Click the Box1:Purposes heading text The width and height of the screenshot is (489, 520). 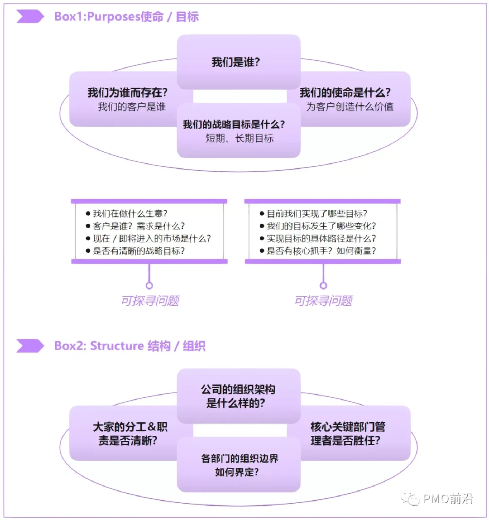pyautogui.click(x=126, y=17)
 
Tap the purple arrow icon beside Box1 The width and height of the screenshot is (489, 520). pyautogui.click(x=30, y=17)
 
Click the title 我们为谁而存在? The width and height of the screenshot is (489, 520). pyautogui.click(x=128, y=93)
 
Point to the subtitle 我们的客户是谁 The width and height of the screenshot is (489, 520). pyautogui.click(x=132, y=107)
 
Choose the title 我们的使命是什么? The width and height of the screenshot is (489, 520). pyautogui.click(x=345, y=93)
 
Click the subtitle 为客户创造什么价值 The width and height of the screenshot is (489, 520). pyautogui.click(x=350, y=107)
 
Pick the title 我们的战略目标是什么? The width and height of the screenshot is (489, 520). pyautogui.click(x=234, y=125)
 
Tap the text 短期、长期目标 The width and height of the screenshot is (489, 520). pyautogui.click(x=240, y=139)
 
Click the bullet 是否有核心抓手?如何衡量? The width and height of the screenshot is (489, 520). pyautogui.click(x=321, y=250)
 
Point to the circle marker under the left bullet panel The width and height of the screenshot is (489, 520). pyautogui.click(x=149, y=285)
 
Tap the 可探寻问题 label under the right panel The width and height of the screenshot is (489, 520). pyautogui.click(x=323, y=301)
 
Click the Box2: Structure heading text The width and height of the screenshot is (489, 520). pyautogui.click(x=129, y=346)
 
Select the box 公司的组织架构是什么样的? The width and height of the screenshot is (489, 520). pyautogui.click(x=238, y=396)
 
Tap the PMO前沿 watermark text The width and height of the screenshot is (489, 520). pyautogui.click(x=448, y=499)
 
